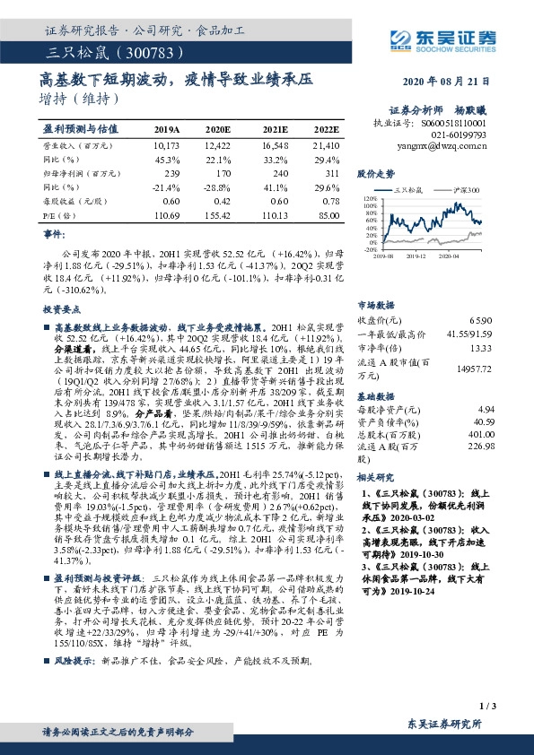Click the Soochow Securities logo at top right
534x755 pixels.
tap(445, 38)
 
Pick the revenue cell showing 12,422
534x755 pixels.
tap(217, 144)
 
